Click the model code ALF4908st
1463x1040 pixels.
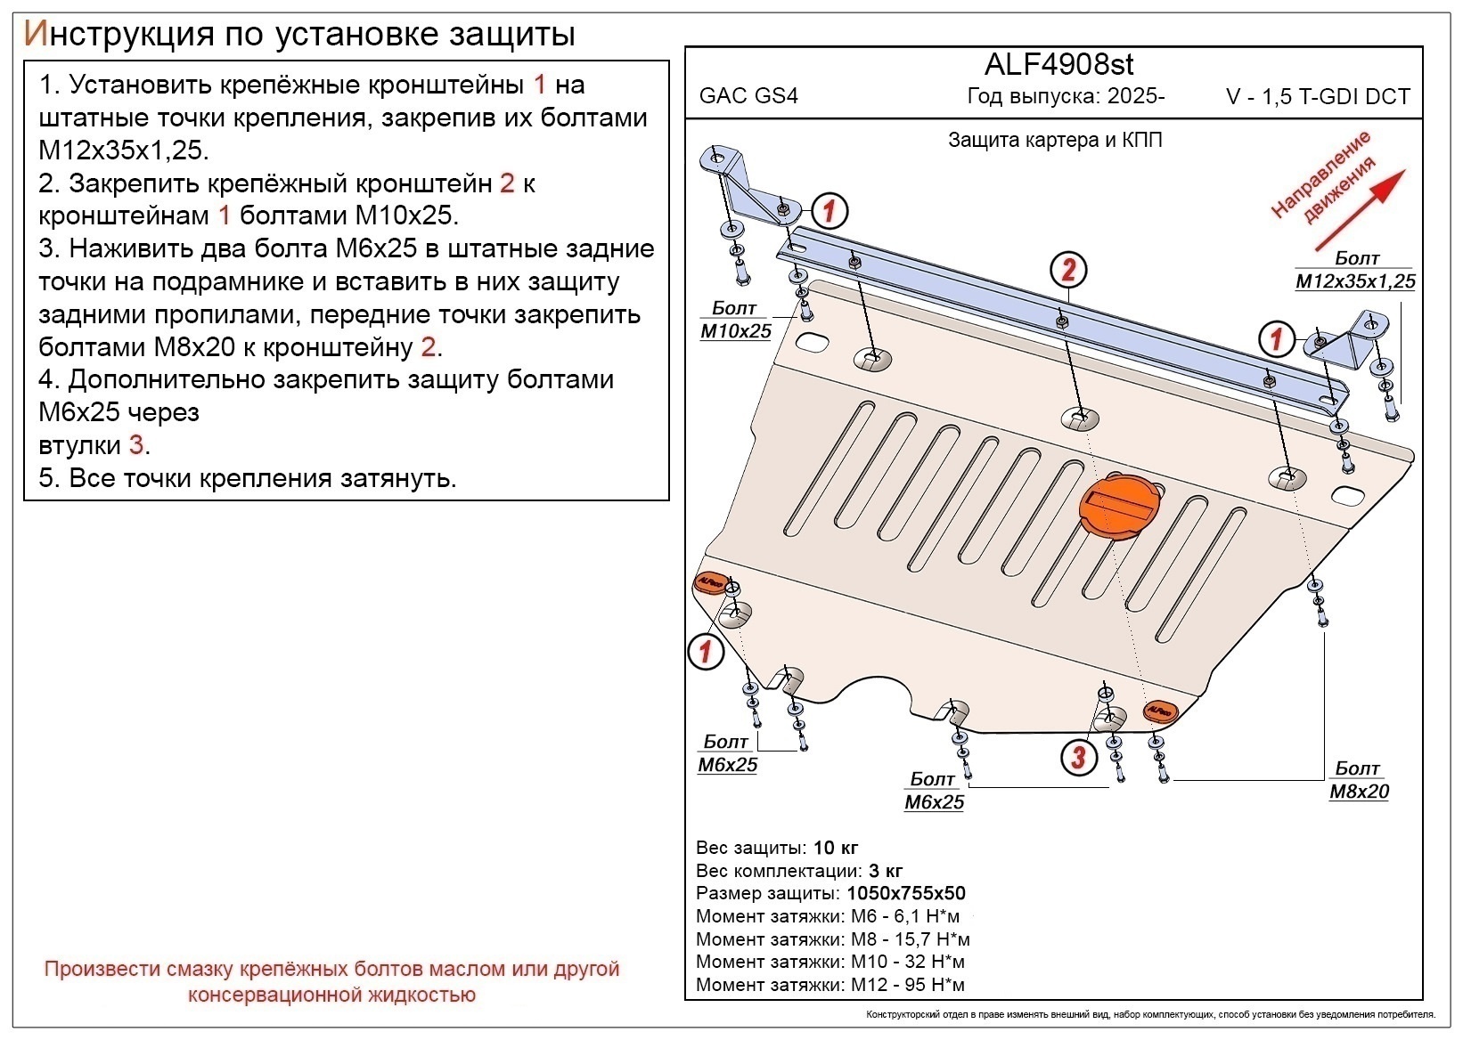tap(1058, 64)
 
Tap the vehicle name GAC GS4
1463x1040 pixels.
tap(748, 96)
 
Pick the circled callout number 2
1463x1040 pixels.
tap(1068, 270)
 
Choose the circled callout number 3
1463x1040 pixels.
tap(1078, 757)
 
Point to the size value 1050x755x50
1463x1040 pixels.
tap(905, 893)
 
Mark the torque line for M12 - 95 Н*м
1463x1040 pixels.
tap(830, 985)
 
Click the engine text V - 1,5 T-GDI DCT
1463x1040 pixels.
tap(1318, 97)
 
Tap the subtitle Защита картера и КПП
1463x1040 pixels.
tap(1055, 140)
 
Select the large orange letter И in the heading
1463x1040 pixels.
tap(34, 33)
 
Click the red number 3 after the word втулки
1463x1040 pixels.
tap(135, 444)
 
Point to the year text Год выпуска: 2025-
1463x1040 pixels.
tap(1066, 96)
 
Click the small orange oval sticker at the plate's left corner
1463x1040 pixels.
tap(710, 581)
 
